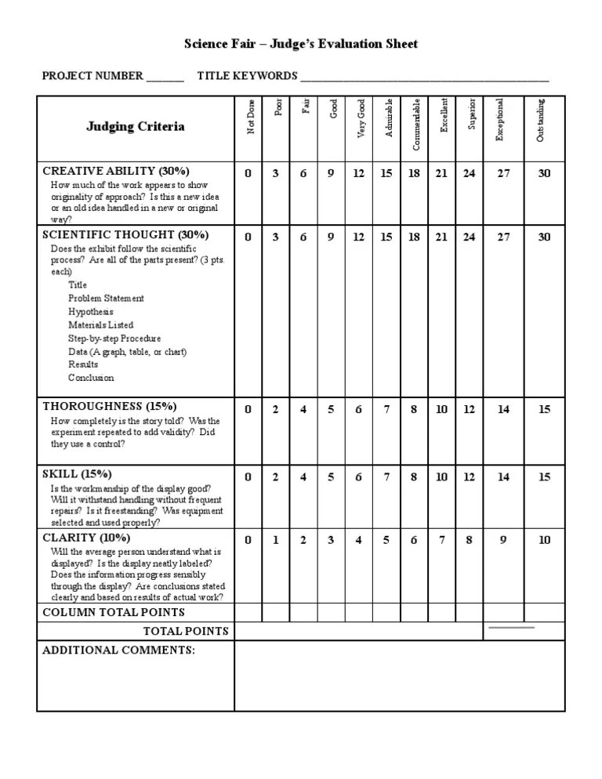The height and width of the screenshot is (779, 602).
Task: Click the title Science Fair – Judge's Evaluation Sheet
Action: [301, 44]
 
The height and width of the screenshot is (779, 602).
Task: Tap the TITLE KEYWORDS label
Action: [247, 76]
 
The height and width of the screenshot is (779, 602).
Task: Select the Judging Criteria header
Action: [136, 126]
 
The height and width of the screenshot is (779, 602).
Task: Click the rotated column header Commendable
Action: [416, 124]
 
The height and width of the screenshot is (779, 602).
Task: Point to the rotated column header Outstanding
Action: [541, 120]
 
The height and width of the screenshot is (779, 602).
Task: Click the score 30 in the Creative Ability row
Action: [544, 173]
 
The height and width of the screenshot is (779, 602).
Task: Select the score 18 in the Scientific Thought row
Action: [414, 237]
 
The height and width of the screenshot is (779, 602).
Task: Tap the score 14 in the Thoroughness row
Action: [503, 408]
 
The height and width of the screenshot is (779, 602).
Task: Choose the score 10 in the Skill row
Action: [442, 476]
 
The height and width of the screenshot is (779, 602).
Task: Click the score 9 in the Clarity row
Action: [503, 539]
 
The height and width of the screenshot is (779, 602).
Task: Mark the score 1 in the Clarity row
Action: [275, 539]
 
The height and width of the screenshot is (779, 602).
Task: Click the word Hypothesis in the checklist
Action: [90, 312]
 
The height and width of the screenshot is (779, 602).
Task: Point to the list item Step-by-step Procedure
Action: [114, 339]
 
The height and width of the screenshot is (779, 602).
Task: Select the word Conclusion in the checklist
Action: [91, 378]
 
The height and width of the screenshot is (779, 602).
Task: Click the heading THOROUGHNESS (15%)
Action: [110, 406]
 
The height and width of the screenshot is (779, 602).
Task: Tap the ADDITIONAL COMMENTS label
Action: [118, 650]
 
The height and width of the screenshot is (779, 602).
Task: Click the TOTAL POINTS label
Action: [186, 631]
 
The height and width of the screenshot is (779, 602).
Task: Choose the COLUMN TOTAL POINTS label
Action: [114, 612]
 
